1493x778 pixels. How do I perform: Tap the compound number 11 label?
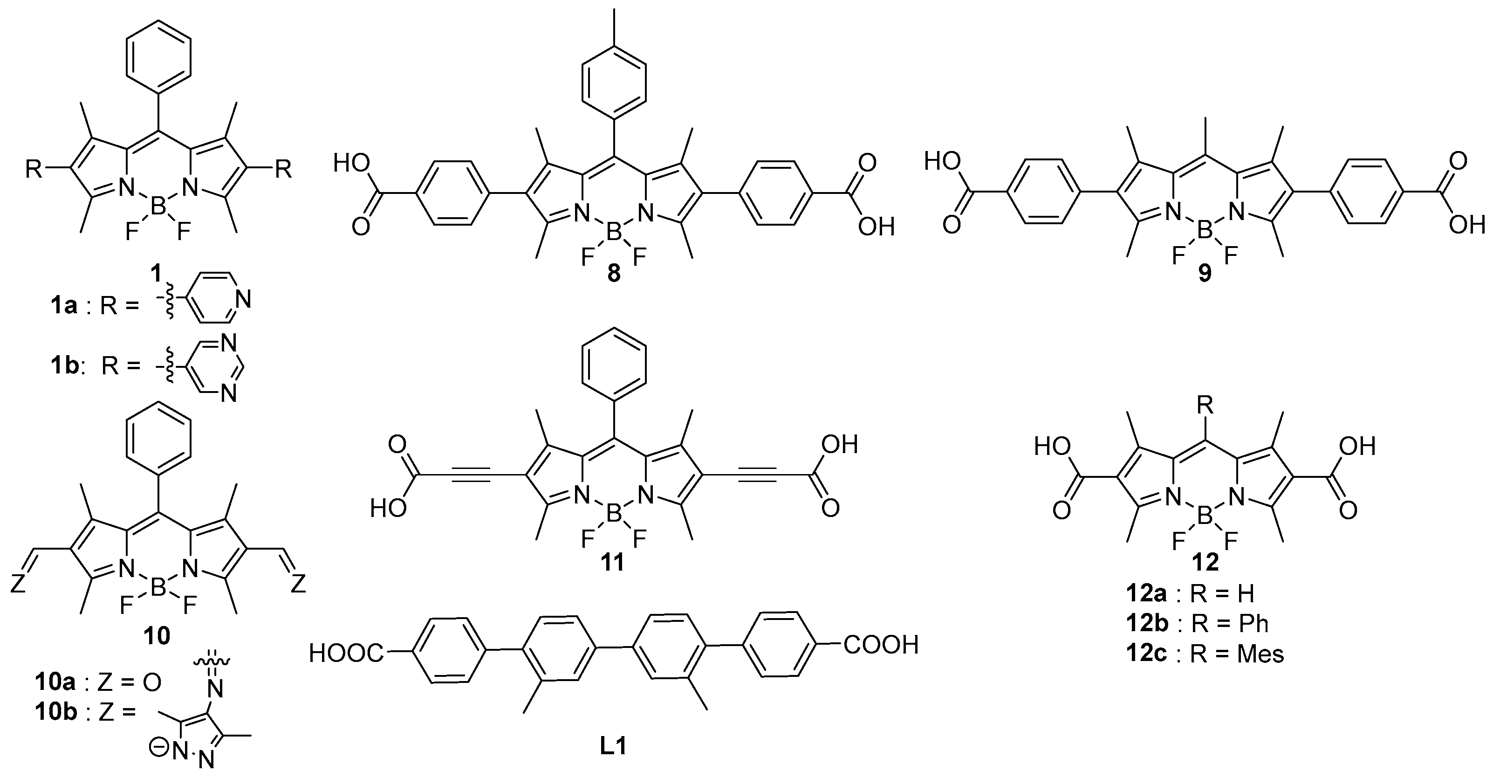(613, 562)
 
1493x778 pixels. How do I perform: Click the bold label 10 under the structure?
(157, 636)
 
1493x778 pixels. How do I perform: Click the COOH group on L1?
(881, 645)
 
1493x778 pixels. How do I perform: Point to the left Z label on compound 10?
(19, 584)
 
